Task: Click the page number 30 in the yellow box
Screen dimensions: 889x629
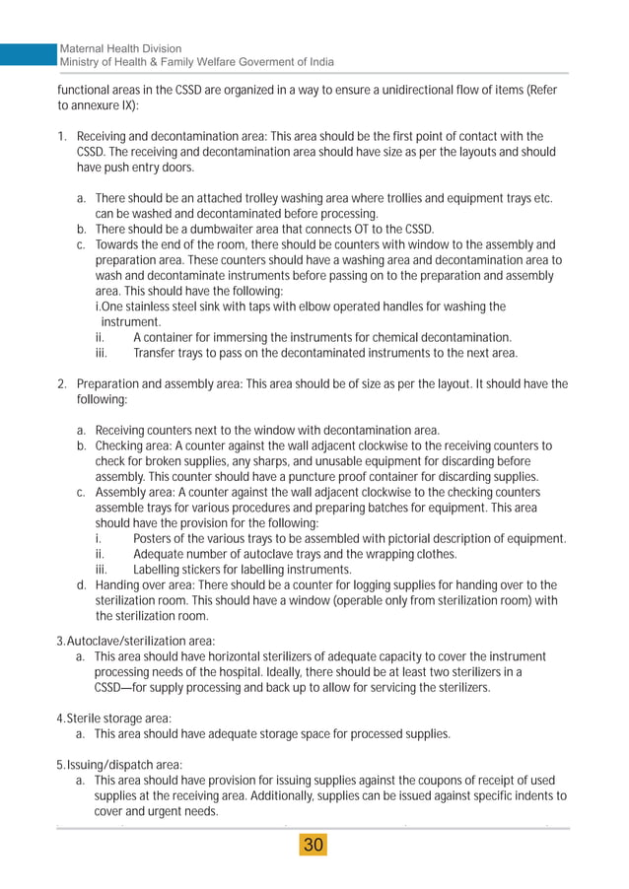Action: pyautogui.click(x=314, y=846)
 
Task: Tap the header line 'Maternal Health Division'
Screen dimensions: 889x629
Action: pyautogui.click(x=121, y=48)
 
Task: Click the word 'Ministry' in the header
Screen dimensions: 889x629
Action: pyautogui.click(x=84, y=62)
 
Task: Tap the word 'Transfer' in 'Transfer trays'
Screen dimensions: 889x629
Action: pyautogui.click(x=157, y=353)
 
